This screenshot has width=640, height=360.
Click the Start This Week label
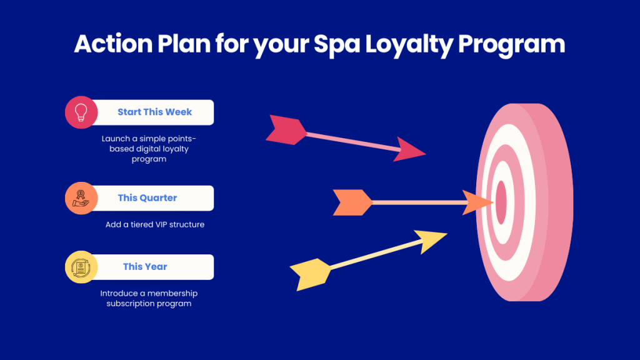pos(154,112)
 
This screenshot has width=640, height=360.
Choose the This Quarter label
pos(147,198)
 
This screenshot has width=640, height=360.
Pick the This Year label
pos(145,267)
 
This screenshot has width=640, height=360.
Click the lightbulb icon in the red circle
pos(81,112)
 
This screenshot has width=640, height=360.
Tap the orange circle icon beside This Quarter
pos(81,198)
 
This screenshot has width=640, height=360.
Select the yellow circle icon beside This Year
pos(81,267)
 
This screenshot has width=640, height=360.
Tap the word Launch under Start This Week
pos(114,139)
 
